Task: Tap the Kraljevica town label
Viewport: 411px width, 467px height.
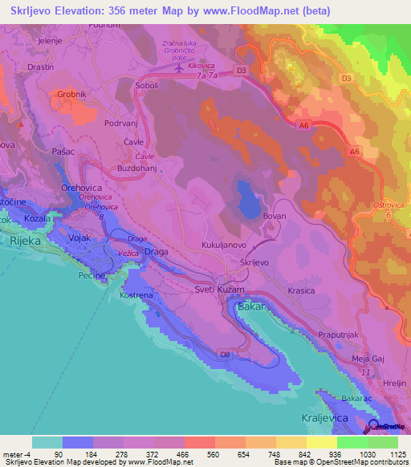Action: [341, 420]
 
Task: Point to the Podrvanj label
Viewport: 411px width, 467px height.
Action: [123, 124]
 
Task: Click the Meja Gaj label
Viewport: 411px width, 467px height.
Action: [370, 359]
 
